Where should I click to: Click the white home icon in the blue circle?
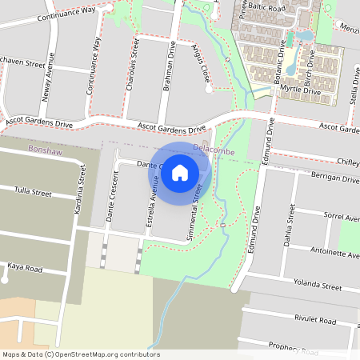pos(180,172)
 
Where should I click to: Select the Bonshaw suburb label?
pos(44,150)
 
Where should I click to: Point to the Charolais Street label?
pos(135,55)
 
